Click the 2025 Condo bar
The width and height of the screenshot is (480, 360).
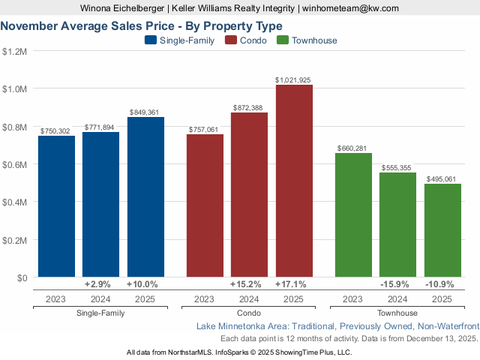coord(294,181)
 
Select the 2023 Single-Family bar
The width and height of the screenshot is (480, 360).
coord(56,206)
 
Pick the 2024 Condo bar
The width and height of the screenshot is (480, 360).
coord(249,195)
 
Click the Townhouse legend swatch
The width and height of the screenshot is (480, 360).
coord(283,40)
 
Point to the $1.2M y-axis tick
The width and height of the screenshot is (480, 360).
coord(15,52)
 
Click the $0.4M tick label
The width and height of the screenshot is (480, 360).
coord(15,202)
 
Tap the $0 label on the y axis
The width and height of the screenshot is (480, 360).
coord(20,277)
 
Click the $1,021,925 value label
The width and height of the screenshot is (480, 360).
coord(293,79)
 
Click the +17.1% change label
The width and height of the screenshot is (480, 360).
coord(293,285)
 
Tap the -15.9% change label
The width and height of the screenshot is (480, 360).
coord(397,285)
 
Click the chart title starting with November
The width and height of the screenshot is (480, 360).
coord(142,25)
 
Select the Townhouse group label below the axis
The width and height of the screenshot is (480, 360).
coord(397,313)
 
